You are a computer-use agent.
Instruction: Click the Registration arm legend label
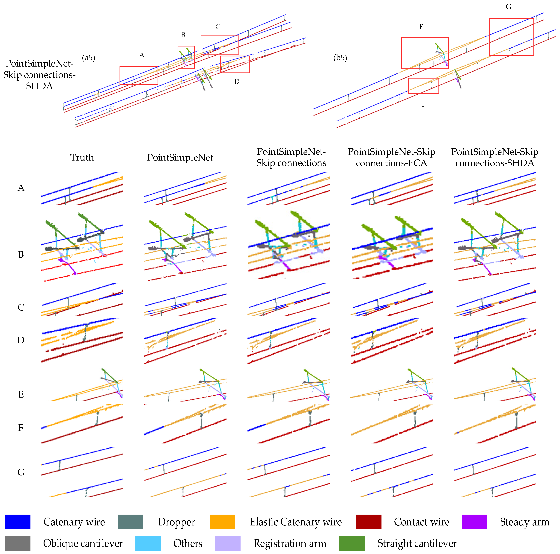coord(290,543)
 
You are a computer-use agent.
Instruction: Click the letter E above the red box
coord(421,27)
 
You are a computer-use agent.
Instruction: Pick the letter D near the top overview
coord(237,82)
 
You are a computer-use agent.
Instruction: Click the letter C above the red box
coord(218,27)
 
